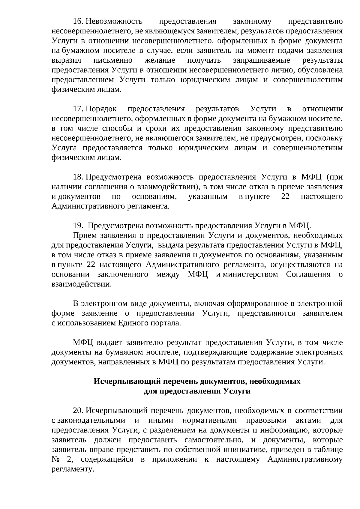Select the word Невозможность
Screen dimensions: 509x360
tap(114, 22)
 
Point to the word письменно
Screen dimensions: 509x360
tap(113, 60)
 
